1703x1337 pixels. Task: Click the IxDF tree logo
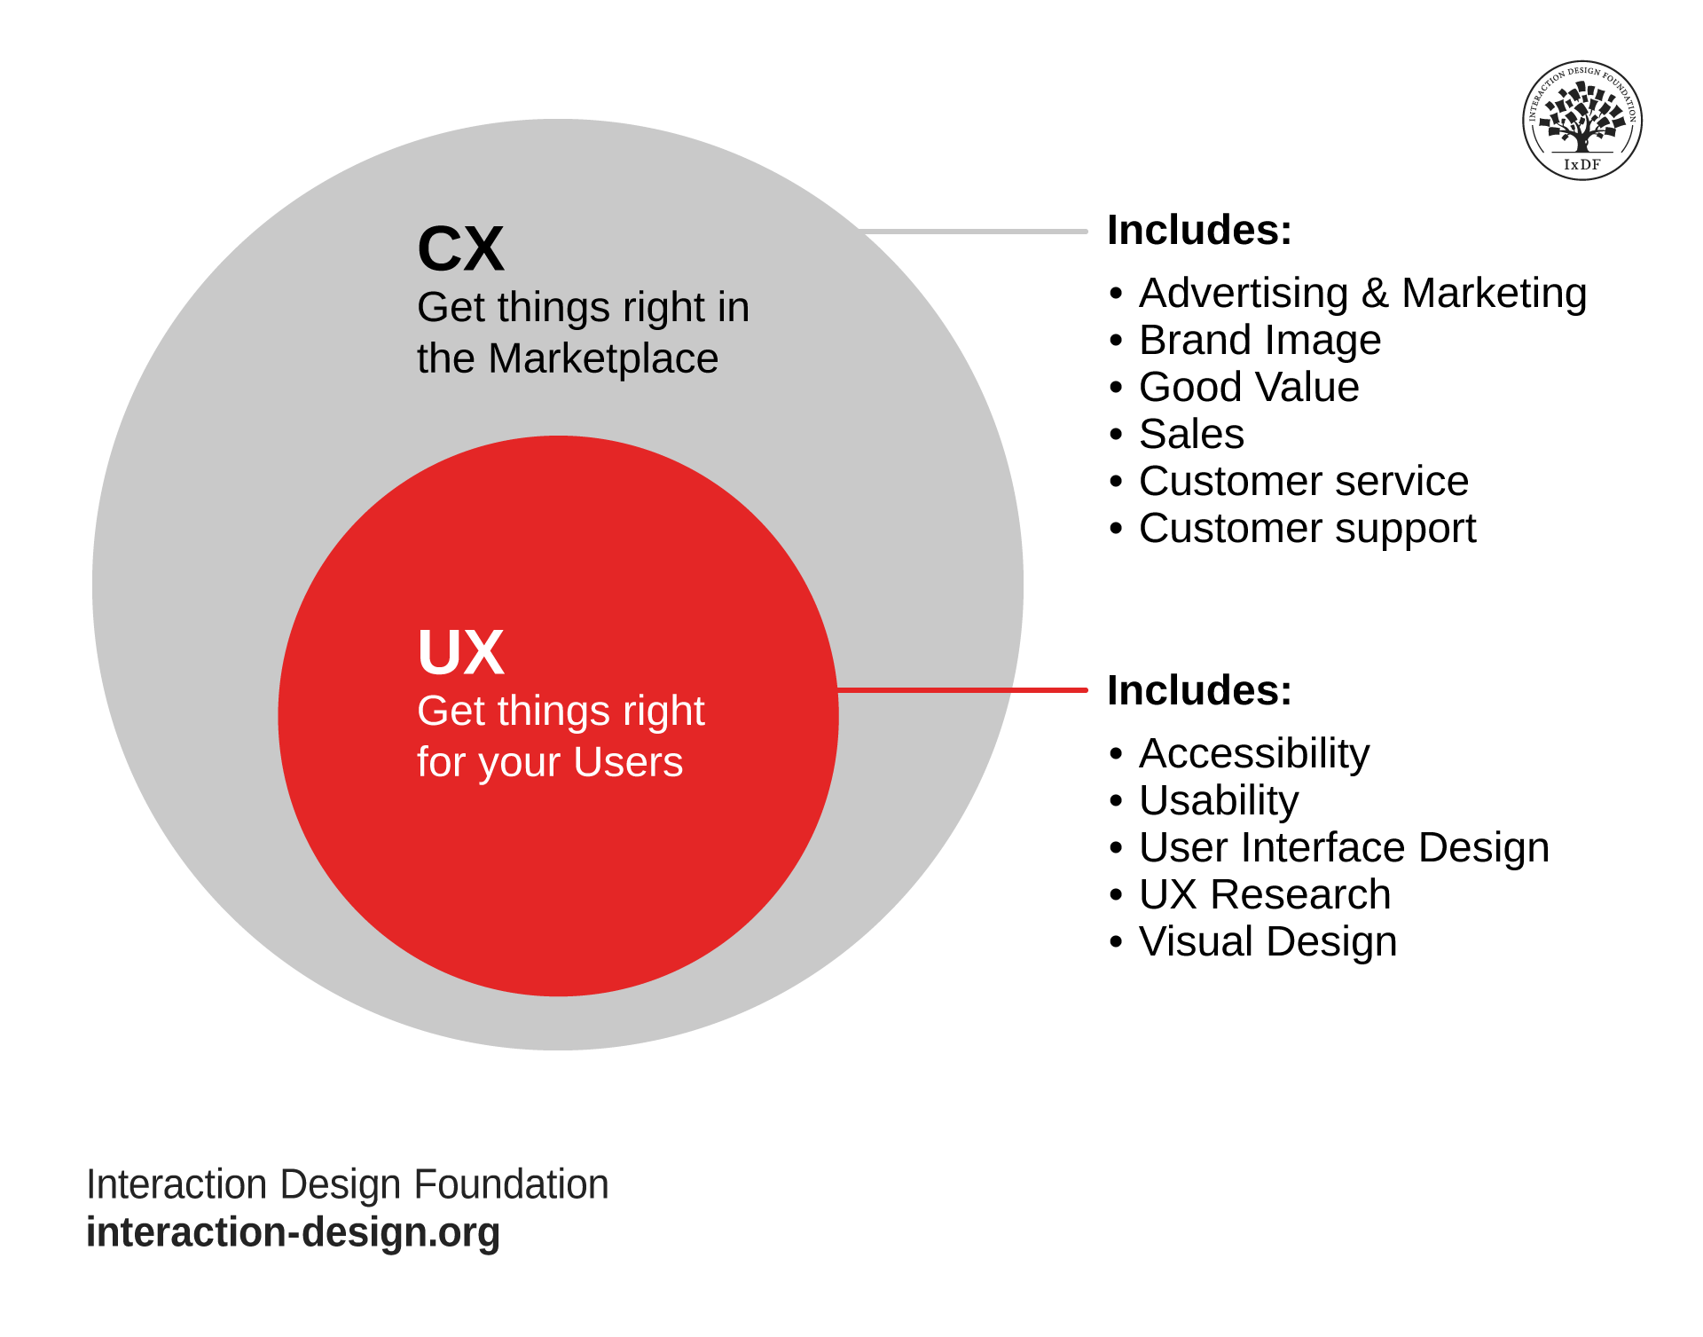pyautogui.click(x=1581, y=121)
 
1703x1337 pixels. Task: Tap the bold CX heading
pyautogui.click(x=460, y=249)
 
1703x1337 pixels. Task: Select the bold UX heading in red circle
pyautogui.click(x=460, y=653)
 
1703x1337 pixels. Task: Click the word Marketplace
pyautogui.click(x=602, y=359)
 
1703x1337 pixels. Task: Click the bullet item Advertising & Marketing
pyautogui.click(x=1362, y=294)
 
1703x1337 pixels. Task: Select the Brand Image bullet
pyautogui.click(x=1259, y=341)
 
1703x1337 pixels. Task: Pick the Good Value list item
pyautogui.click(x=1248, y=388)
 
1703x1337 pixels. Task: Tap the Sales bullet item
pyautogui.click(x=1190, y=435)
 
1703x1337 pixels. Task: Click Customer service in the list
pyautogui.click(x=1303, y=482)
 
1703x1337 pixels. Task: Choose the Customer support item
pyautogui.click(x=1307, y=530)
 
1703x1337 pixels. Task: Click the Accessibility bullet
pyautogui.click(x=1253, y=754)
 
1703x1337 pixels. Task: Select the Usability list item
pyautogui.click(x=1218, y=801)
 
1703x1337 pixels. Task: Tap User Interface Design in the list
pyautogui.click(x=1343, y=848)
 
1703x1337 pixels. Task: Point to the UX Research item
pyautogui.click(x=1264, y=895)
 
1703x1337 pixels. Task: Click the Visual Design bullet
pyautogui.click(x=1267, y=942)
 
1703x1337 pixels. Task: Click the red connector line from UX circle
pyautogui.click(x=962, y=689)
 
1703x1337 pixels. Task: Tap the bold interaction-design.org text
pyautogui.click(x=293, y=1233)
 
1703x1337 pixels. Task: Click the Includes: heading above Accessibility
pyautogui.click(x=1199, y=691)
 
